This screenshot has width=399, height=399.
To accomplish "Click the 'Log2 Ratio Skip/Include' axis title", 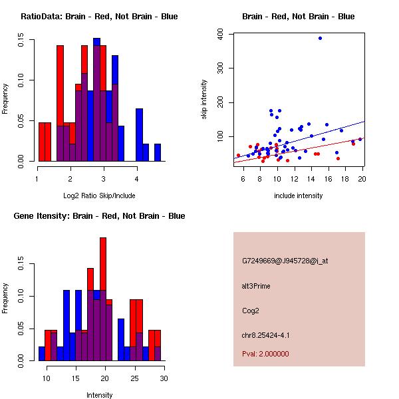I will tap(100, 195).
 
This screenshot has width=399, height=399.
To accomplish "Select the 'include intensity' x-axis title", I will tap(299, 196).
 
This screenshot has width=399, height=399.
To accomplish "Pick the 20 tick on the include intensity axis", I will tap(362, 178).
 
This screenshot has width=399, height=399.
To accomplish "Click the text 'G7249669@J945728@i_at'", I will tap(285, 261).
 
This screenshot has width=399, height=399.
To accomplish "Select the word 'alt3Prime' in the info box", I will tap(256, 286).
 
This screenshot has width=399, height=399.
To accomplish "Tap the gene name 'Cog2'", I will tap(250, 310).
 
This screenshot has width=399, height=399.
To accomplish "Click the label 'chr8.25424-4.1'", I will tap(265, 334).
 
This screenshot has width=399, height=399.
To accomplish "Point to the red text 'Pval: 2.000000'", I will tap(265, 354).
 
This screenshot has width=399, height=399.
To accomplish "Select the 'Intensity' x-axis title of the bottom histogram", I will tap(100, 395).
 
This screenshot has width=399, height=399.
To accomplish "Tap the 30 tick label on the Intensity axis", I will tap(164, 378).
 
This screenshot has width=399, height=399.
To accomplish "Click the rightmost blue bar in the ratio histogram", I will tap(158, 152).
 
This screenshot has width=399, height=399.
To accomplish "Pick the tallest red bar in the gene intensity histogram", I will tap(103, 266).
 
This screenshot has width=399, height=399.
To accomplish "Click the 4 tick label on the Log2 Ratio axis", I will tap(136, 178).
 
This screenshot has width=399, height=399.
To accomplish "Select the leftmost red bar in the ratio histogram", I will tap(42, 142).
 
